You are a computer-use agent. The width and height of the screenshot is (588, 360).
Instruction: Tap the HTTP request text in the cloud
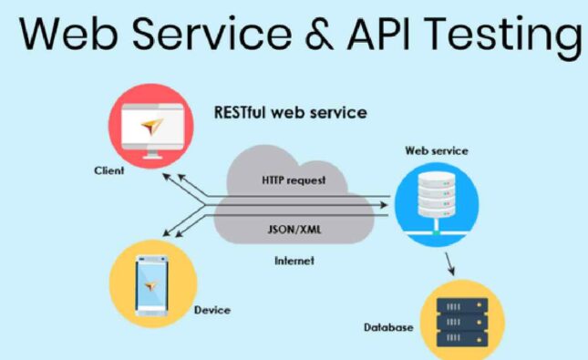click(294, 180)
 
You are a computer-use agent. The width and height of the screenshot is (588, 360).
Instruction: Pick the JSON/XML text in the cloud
click(294, 229)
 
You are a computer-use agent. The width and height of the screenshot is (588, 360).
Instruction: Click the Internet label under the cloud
click(294, 261)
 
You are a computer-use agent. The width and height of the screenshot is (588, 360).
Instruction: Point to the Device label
click(212, 310)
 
